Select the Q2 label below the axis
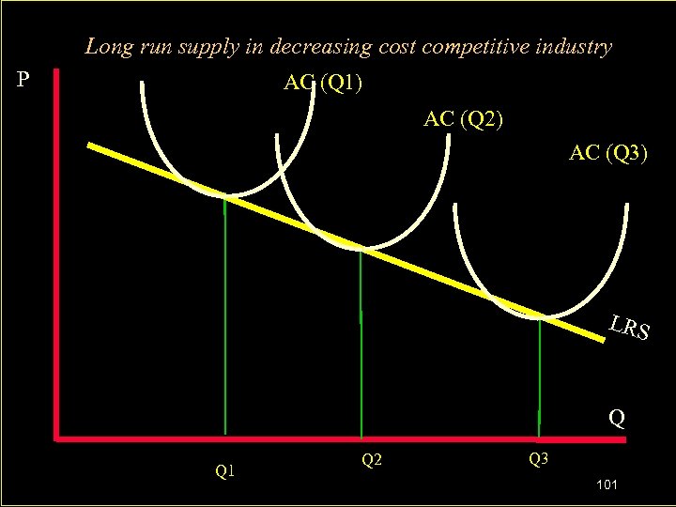[x=371, y=460]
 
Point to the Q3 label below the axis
[x=538, y=460]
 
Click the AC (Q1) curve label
[x=325, y=84]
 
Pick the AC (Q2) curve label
[x=463, y=119]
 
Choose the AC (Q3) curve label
[x=607, y=153]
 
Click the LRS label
[x=628, y=328]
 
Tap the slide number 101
[x=606, y=484]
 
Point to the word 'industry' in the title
[x=576, y=46]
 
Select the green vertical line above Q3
[x=540, y=376]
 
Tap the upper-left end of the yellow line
[x=91, y=146]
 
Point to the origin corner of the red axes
[x=58, y=437]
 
